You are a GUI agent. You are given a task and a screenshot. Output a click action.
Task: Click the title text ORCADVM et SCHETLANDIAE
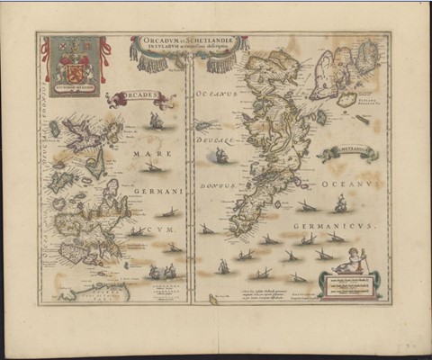(184, 41)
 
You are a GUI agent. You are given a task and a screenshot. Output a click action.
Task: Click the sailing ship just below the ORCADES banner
(157, 120)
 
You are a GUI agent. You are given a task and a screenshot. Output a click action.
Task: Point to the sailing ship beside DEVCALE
(220, 156)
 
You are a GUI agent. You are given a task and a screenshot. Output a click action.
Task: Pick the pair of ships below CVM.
(161, 271)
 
